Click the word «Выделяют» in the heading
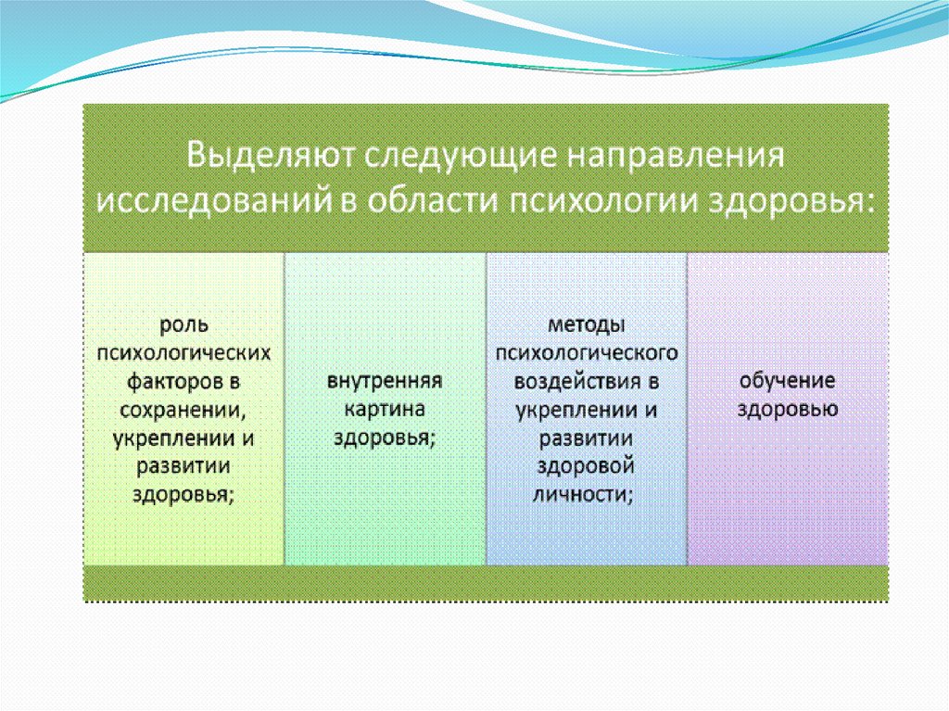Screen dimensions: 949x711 [271, 155]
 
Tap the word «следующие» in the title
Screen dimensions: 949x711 [461, 157]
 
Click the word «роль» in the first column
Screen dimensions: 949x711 [184, 325]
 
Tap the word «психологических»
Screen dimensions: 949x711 [184, 353]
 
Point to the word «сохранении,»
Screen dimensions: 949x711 [183, 411]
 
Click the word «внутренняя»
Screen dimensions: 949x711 [385, 381]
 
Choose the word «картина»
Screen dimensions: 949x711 [385, 410]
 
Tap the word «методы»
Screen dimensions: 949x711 [587, 325]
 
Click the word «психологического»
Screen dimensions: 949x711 [587, 353]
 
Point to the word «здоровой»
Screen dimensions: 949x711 [586, 466]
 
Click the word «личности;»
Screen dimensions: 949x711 [584, 495]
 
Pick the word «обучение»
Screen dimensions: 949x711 [788, 382]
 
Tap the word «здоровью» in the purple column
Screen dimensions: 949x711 [788, 410]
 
